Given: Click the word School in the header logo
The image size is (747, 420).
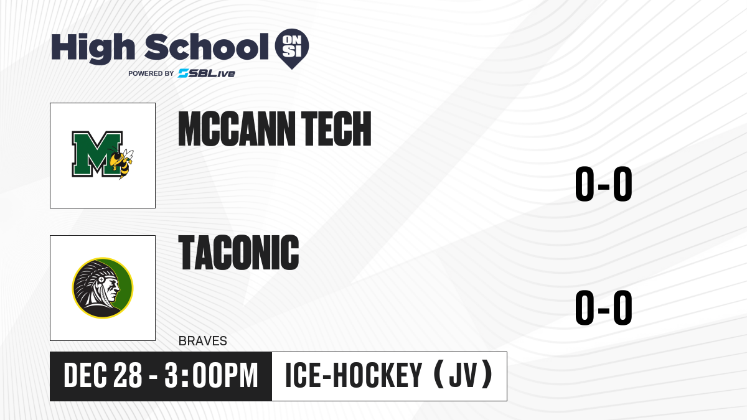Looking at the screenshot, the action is (x=207, y=46).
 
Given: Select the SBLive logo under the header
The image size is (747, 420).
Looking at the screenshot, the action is (x=207, y=73).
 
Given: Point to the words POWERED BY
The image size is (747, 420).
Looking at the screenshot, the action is (x=151, y=73).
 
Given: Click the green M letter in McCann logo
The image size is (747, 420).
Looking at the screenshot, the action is (x=96, y=154).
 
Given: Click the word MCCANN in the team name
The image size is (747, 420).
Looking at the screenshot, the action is (x=237, y=129).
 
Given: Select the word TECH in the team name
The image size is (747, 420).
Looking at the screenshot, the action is (x=336, y=129).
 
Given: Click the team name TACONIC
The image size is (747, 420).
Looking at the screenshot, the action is (x=239, y=253).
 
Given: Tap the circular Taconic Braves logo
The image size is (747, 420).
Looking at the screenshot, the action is (x=103, y=288).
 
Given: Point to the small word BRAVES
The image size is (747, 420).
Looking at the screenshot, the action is (x=203, y=341).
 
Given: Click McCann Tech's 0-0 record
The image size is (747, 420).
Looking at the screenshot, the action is (x=604, y=184).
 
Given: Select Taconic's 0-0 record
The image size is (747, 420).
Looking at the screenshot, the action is (x=604, y=307).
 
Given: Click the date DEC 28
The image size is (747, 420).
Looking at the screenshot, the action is (x=103, y=376).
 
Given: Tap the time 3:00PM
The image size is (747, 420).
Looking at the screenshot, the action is (x=212, y=376).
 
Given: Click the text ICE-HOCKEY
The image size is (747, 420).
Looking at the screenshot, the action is (x=354, y=376).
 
